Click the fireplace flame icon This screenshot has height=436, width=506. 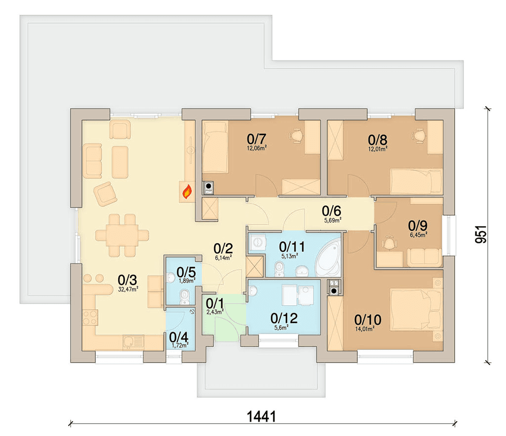click(x=187, y=192)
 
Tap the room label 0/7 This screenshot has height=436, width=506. click(x=256, y=139)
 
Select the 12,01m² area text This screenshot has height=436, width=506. click(x=378, y=149)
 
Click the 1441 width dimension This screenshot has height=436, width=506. click(x=261, y=417)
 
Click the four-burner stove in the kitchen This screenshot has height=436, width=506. click(x=90, y=317)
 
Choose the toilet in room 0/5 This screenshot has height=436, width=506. click(x=185, y=297)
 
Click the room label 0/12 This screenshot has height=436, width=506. click(x=284, y=318)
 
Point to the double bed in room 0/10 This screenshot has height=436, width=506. click(x=416, y=309)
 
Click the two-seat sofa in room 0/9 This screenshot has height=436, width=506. click(x=424, y=257)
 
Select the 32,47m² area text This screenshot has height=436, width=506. click(x=128, y=290)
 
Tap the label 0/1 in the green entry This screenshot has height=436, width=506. click(x=214, y=303)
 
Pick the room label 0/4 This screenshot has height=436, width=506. click(x=178, y=337)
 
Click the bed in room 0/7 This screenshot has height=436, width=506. click(x=215, y=147)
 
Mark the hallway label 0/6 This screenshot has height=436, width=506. click(x=332, y=211)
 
